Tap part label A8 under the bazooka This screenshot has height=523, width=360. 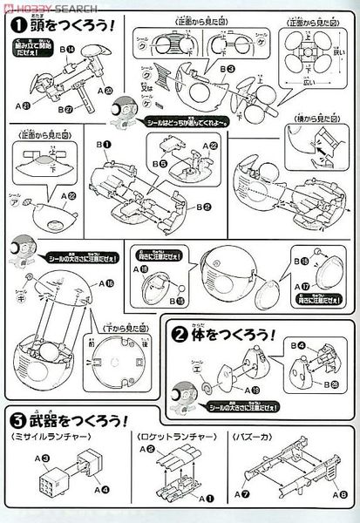pyautogui.click(x=339, y=497)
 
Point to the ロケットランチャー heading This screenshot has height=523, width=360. pyautogui.click(x=165, y=434)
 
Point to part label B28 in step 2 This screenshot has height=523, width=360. pyautogui.click(x=338, y=386)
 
